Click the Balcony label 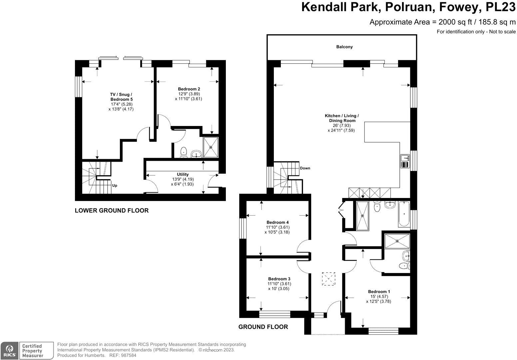(344, 47)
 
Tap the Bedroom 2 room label (189, 89)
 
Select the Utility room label (183, 174)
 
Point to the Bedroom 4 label (277, 222)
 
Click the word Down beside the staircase (305, 168)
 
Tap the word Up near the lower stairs (114, 186)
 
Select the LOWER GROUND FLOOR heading (112, 210)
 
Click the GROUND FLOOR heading (263, 327)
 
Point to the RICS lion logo (9, 351)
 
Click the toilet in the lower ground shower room (183, 152)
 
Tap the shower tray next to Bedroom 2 (211, 147)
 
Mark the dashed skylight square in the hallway (328, 279)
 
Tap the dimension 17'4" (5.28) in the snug (121, 104)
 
